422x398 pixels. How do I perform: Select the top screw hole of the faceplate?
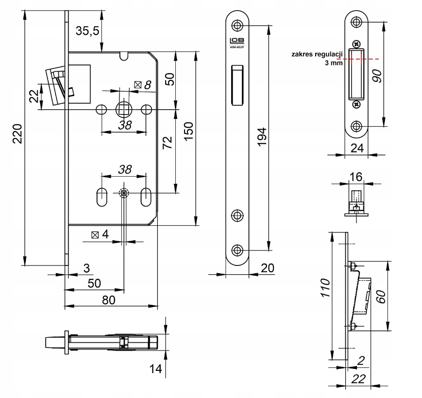click(x=237, y=25)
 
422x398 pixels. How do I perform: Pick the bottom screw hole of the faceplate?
click(x=237, y=250)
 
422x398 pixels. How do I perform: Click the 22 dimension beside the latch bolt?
click(x=33, y=96)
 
